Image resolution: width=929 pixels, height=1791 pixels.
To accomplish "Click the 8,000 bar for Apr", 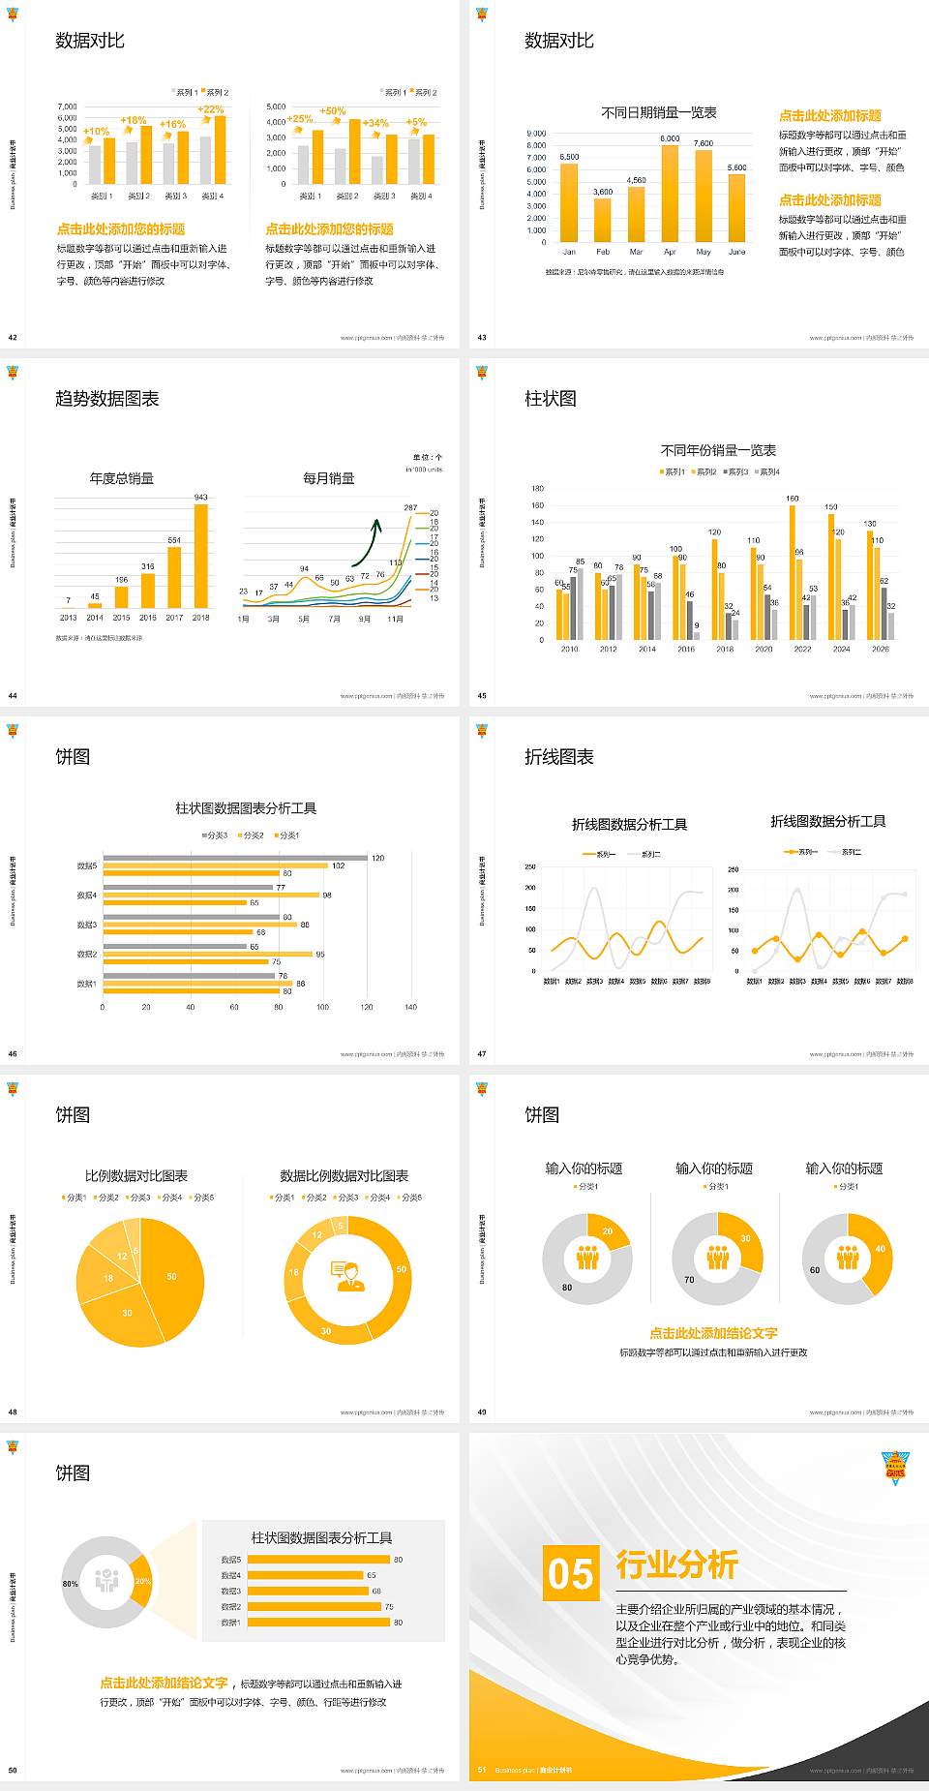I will tap(670, 194).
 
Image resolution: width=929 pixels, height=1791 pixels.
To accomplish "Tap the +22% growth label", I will tap(210, 109).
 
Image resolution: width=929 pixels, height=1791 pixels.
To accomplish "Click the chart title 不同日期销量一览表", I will tap(658, 112).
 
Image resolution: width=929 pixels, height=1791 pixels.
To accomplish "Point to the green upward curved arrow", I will tap(366, 542).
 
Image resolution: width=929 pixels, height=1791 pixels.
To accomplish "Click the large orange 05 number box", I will tap(571, 1572).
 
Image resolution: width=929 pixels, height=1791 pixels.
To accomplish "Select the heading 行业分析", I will tap(676, 1564).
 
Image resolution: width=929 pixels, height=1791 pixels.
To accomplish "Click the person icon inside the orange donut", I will tap(347, 1275).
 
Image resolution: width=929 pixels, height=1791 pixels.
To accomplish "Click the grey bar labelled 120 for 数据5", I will tap(235, 858).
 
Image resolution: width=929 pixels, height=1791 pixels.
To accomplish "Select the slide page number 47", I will tap(482, 1054).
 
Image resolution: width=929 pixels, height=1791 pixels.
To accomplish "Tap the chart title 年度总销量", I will tap(121, 478).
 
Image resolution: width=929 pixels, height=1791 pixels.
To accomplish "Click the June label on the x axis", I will tap(736, 252).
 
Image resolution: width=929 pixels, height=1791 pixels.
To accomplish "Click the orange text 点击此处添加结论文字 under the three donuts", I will tap(713, 1333).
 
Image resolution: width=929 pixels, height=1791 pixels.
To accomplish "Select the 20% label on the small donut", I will tap(143, 1581).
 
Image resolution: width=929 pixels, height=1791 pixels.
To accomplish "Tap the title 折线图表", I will tap(558, 757).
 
